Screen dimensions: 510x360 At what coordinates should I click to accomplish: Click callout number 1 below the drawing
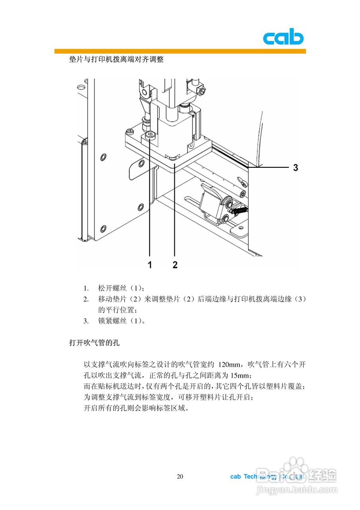coord(150,265)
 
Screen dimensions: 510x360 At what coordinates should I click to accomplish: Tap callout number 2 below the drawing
coord(175,265)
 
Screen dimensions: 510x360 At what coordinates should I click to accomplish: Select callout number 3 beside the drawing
coord(295,168)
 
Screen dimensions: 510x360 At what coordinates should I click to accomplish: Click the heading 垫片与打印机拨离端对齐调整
coord(116,60)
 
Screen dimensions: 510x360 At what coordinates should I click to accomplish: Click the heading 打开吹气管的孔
coord(94,342)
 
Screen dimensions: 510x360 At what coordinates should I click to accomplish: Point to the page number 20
coord(180,477)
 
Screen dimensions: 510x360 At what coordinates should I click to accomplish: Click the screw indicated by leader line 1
coord(150,135)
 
